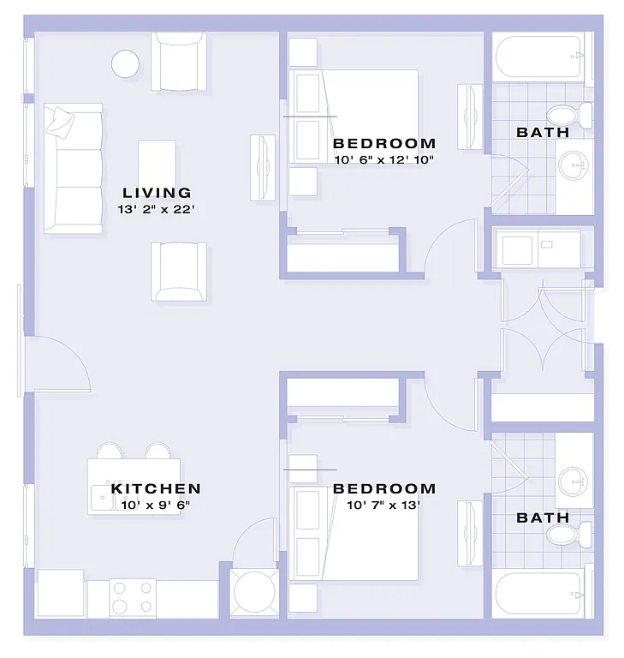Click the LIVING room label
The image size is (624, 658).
pos(157,193)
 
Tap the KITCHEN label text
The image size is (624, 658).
pos(156,489)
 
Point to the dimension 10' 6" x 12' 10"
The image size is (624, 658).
pos(384,159)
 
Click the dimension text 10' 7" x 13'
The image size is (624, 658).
pos(384,505)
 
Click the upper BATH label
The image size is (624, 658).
pos(543,133)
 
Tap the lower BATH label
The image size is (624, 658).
pos(543,517)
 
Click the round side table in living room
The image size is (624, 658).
pos(126,63)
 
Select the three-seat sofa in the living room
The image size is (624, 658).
pos(74,168)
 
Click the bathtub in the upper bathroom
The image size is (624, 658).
pos(543,57)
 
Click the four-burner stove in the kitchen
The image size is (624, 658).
pos(134,597)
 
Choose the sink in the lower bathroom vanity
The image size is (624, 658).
pos(573,480)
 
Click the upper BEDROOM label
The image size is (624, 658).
pos(384,143)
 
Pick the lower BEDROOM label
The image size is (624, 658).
pos(384,489)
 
